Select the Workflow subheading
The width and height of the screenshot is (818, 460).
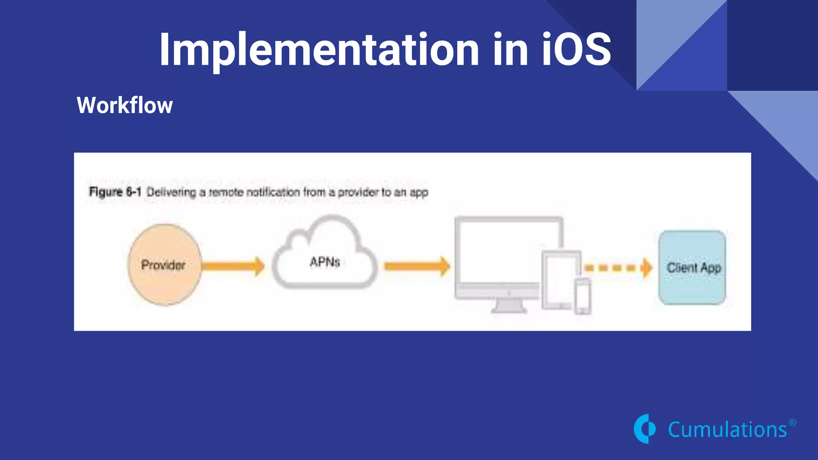tap(125, 105)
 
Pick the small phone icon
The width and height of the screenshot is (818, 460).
tap(583, 296)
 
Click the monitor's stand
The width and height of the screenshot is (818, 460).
tap(509, 307)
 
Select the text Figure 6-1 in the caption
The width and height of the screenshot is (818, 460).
tap(115, 192)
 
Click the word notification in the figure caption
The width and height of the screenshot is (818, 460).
tap(273, 192)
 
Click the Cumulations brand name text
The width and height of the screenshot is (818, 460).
tap(727, 430)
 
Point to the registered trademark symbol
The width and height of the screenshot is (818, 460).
tap(792, 422)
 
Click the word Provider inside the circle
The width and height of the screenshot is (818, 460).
tap(163, 265)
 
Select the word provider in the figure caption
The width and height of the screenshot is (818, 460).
tap(358, 192)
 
